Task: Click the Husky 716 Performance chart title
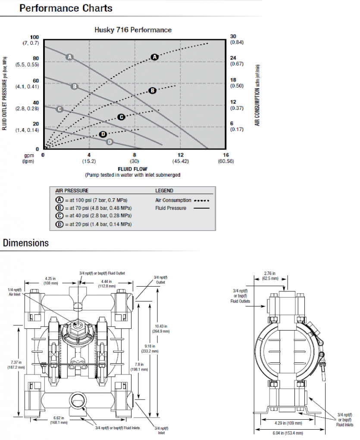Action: pos(133,30)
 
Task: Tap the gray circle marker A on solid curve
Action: pos(69,56)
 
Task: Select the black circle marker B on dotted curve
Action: pos(152,90)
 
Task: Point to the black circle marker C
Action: pos(121,117)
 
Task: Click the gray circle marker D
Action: pos(110,142)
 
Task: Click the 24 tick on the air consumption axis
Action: pos(233,58)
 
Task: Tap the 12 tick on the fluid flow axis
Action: pos(181,155)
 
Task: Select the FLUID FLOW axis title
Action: pos(133,169)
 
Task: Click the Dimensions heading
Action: pos(26,243)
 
